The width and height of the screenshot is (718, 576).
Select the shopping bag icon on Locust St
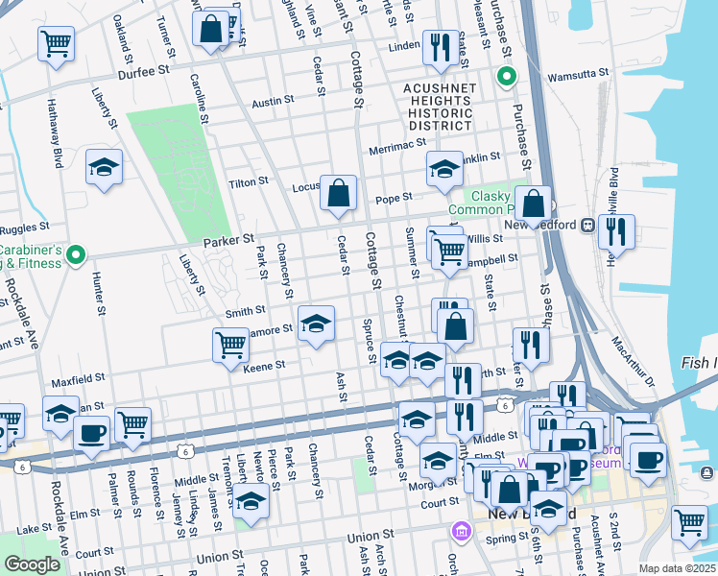tap(338, 194)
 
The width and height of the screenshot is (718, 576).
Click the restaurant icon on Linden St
tap(441, 47)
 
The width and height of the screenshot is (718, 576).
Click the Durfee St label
tap(143, 70)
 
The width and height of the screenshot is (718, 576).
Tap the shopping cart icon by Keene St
tap(230, 346)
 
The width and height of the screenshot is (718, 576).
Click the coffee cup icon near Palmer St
tap(91, 434)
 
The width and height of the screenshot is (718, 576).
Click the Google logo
tap(32, 564)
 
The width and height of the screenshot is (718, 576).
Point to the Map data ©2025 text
tap(678, 568)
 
